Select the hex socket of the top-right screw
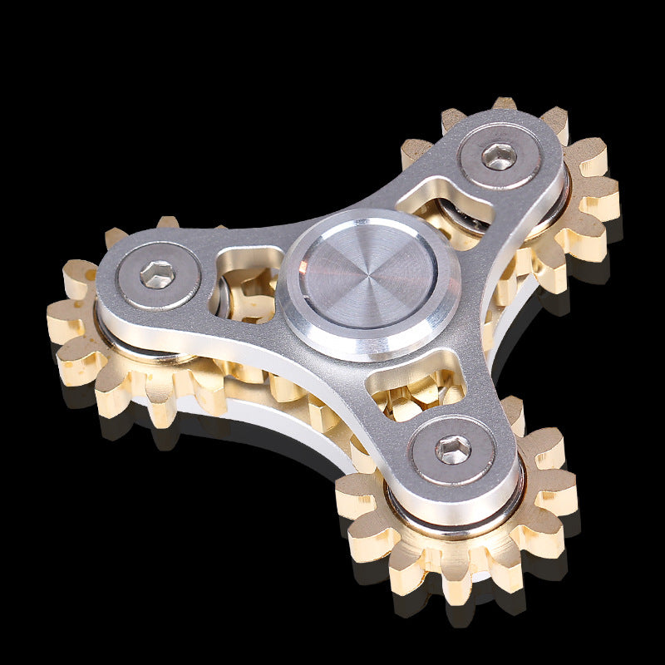tap(500, 156)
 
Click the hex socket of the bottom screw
tap(454, 450)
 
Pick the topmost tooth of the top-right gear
tap(504, 104)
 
